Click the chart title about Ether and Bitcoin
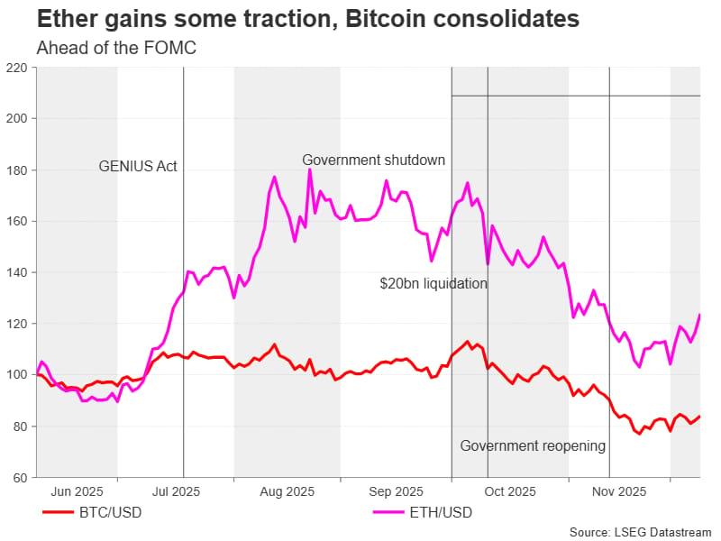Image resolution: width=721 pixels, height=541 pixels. tap(307, 19)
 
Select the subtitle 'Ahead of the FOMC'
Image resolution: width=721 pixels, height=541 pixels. tap(115, 48)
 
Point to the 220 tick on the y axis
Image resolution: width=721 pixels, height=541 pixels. tap(17, 68)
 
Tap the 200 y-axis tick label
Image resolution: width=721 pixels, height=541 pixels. tap(17, 118)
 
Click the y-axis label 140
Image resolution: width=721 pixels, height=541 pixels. tap(17, 272)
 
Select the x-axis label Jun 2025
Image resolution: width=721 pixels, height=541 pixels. tap(77, 491)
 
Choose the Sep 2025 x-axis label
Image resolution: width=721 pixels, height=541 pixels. tap(397, 491)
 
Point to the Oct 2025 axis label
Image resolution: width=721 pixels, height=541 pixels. tap(509, 491)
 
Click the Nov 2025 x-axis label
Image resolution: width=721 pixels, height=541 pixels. tap(619, 491)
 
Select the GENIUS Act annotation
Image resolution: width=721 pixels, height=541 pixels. tap(138, 166)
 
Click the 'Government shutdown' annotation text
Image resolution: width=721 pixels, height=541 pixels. tap(373, 160)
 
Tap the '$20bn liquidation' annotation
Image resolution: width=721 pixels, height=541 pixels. tap(433, 283)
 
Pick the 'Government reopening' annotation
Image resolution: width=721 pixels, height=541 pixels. tap(533, 445)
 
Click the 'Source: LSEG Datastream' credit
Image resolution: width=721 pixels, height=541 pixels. tap(641, 532)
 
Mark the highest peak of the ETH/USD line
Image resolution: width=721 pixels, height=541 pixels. tap(309, 170)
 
